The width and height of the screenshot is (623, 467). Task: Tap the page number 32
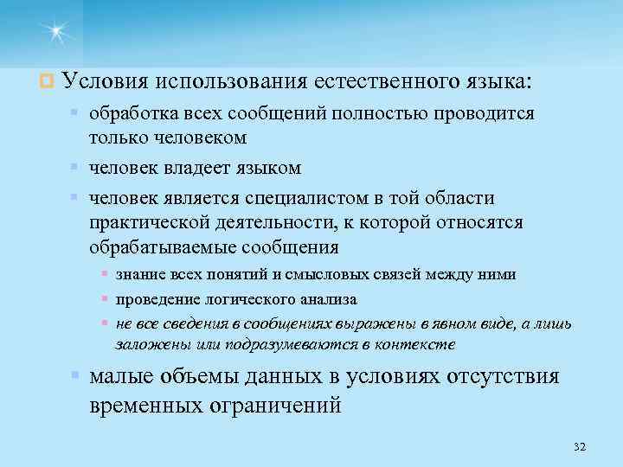point(580,446)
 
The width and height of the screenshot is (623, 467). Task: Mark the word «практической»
point(147,222)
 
